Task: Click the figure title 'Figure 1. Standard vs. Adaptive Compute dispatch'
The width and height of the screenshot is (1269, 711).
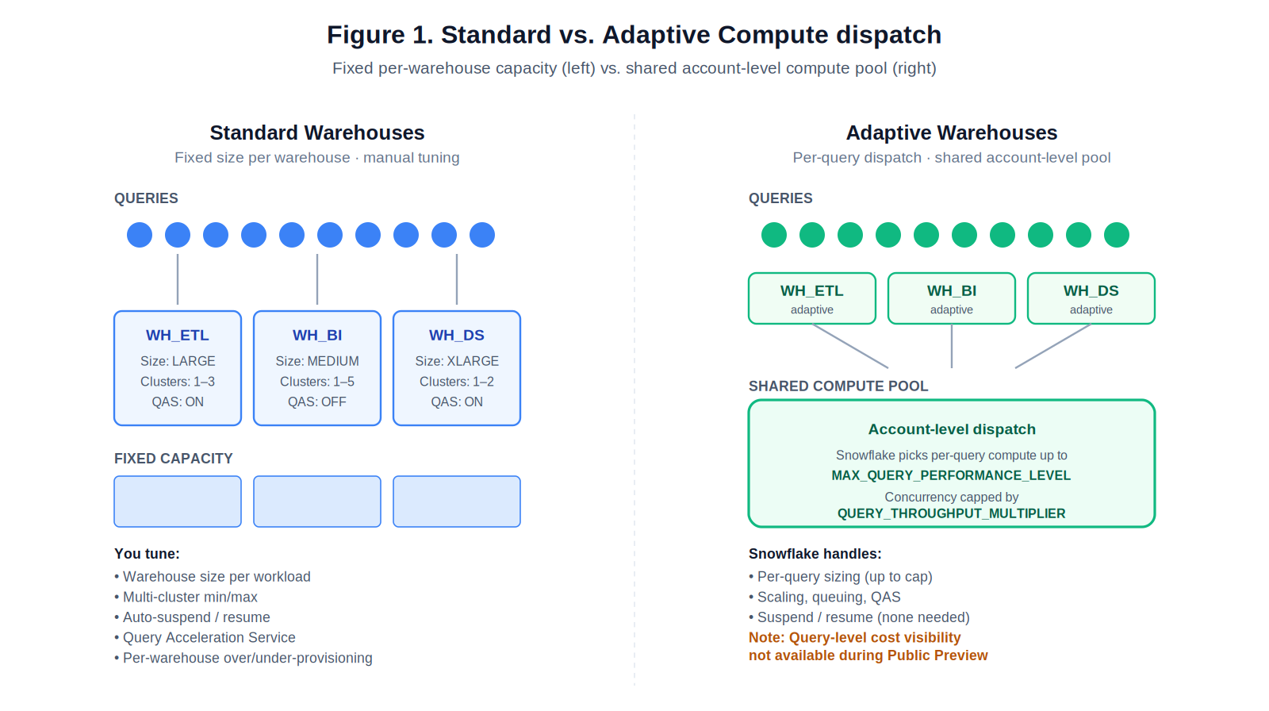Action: (634, 35)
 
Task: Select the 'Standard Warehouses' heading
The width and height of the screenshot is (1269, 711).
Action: (316, 133)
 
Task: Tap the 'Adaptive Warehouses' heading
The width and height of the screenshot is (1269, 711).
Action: (951, 133)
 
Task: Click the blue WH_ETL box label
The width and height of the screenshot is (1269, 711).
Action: (177, 336)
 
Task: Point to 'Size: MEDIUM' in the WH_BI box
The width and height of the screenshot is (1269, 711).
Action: (316, 361)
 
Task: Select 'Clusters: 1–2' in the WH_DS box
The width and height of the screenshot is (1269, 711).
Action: (456, 382)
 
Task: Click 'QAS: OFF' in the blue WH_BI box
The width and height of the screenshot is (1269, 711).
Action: (316, 402)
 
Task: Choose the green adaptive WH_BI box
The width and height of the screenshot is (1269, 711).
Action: (951, 298)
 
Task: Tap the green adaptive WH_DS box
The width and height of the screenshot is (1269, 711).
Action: (1091, 298)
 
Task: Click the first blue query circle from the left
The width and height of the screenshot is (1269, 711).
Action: (140, 235)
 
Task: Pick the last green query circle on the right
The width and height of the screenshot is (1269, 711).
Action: (1116, 235)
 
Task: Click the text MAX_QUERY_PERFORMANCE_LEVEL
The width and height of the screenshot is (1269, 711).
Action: (951, 475)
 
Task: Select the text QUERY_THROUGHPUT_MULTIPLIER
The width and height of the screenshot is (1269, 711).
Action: (951, 513)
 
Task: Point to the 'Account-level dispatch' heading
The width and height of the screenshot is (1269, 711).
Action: (951, 429)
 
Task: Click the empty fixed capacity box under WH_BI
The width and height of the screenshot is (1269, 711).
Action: (316, 502)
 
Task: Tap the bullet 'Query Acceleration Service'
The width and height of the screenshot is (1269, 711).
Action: (209, 638)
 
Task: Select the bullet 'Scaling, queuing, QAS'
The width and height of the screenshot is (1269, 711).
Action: (829, 598)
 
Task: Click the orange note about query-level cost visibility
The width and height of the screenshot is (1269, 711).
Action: (868, 647)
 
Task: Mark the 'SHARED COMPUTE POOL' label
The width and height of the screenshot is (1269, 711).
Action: (838, 386)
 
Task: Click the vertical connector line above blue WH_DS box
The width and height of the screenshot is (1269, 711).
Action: (457, 279)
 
